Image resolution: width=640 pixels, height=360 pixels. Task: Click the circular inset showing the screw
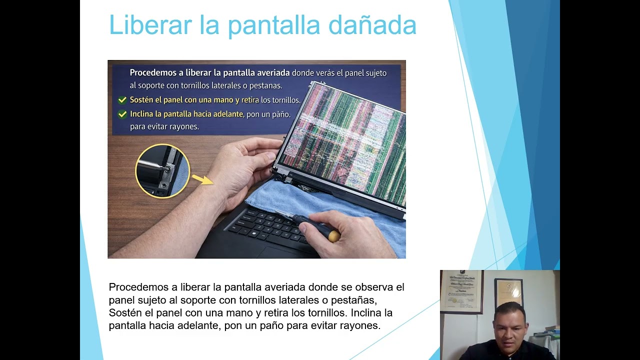pos(162,171)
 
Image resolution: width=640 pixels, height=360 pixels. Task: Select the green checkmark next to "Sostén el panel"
pos(122,100)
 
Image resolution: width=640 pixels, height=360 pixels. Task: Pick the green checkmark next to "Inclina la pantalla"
pos(122,114)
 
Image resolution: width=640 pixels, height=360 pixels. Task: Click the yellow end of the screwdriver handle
pos(334,235)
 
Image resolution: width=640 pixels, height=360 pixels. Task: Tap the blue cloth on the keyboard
pos(280,197)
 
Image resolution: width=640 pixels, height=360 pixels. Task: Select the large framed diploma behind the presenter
pos(461,291)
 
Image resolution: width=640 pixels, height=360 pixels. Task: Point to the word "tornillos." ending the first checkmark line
pos(286,100)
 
